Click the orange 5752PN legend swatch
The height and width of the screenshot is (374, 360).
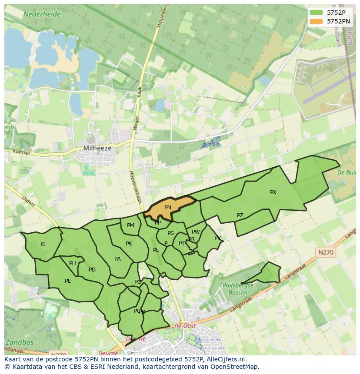point(316,21)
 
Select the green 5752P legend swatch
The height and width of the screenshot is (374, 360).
point(316,13)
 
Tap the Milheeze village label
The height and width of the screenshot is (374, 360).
point(97,148)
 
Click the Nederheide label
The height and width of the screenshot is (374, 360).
point(42,14)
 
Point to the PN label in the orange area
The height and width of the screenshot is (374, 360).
point(168,208)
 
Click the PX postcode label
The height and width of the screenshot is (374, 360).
point(273,192)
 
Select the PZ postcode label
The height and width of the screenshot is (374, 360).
point(240,215)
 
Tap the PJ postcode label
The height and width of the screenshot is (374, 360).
point(43,244)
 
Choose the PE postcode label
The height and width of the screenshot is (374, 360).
point(68,281)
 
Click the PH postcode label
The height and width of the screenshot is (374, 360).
point(73,263)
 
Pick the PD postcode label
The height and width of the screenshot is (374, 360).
point(92,270)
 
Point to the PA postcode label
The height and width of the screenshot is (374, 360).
point(117,259)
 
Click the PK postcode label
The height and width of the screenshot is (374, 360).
point(129,244)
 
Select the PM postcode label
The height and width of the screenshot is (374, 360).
point(130,225)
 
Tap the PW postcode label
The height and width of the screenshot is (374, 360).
point(196,232)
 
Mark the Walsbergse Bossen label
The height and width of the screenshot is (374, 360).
point(238,289)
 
